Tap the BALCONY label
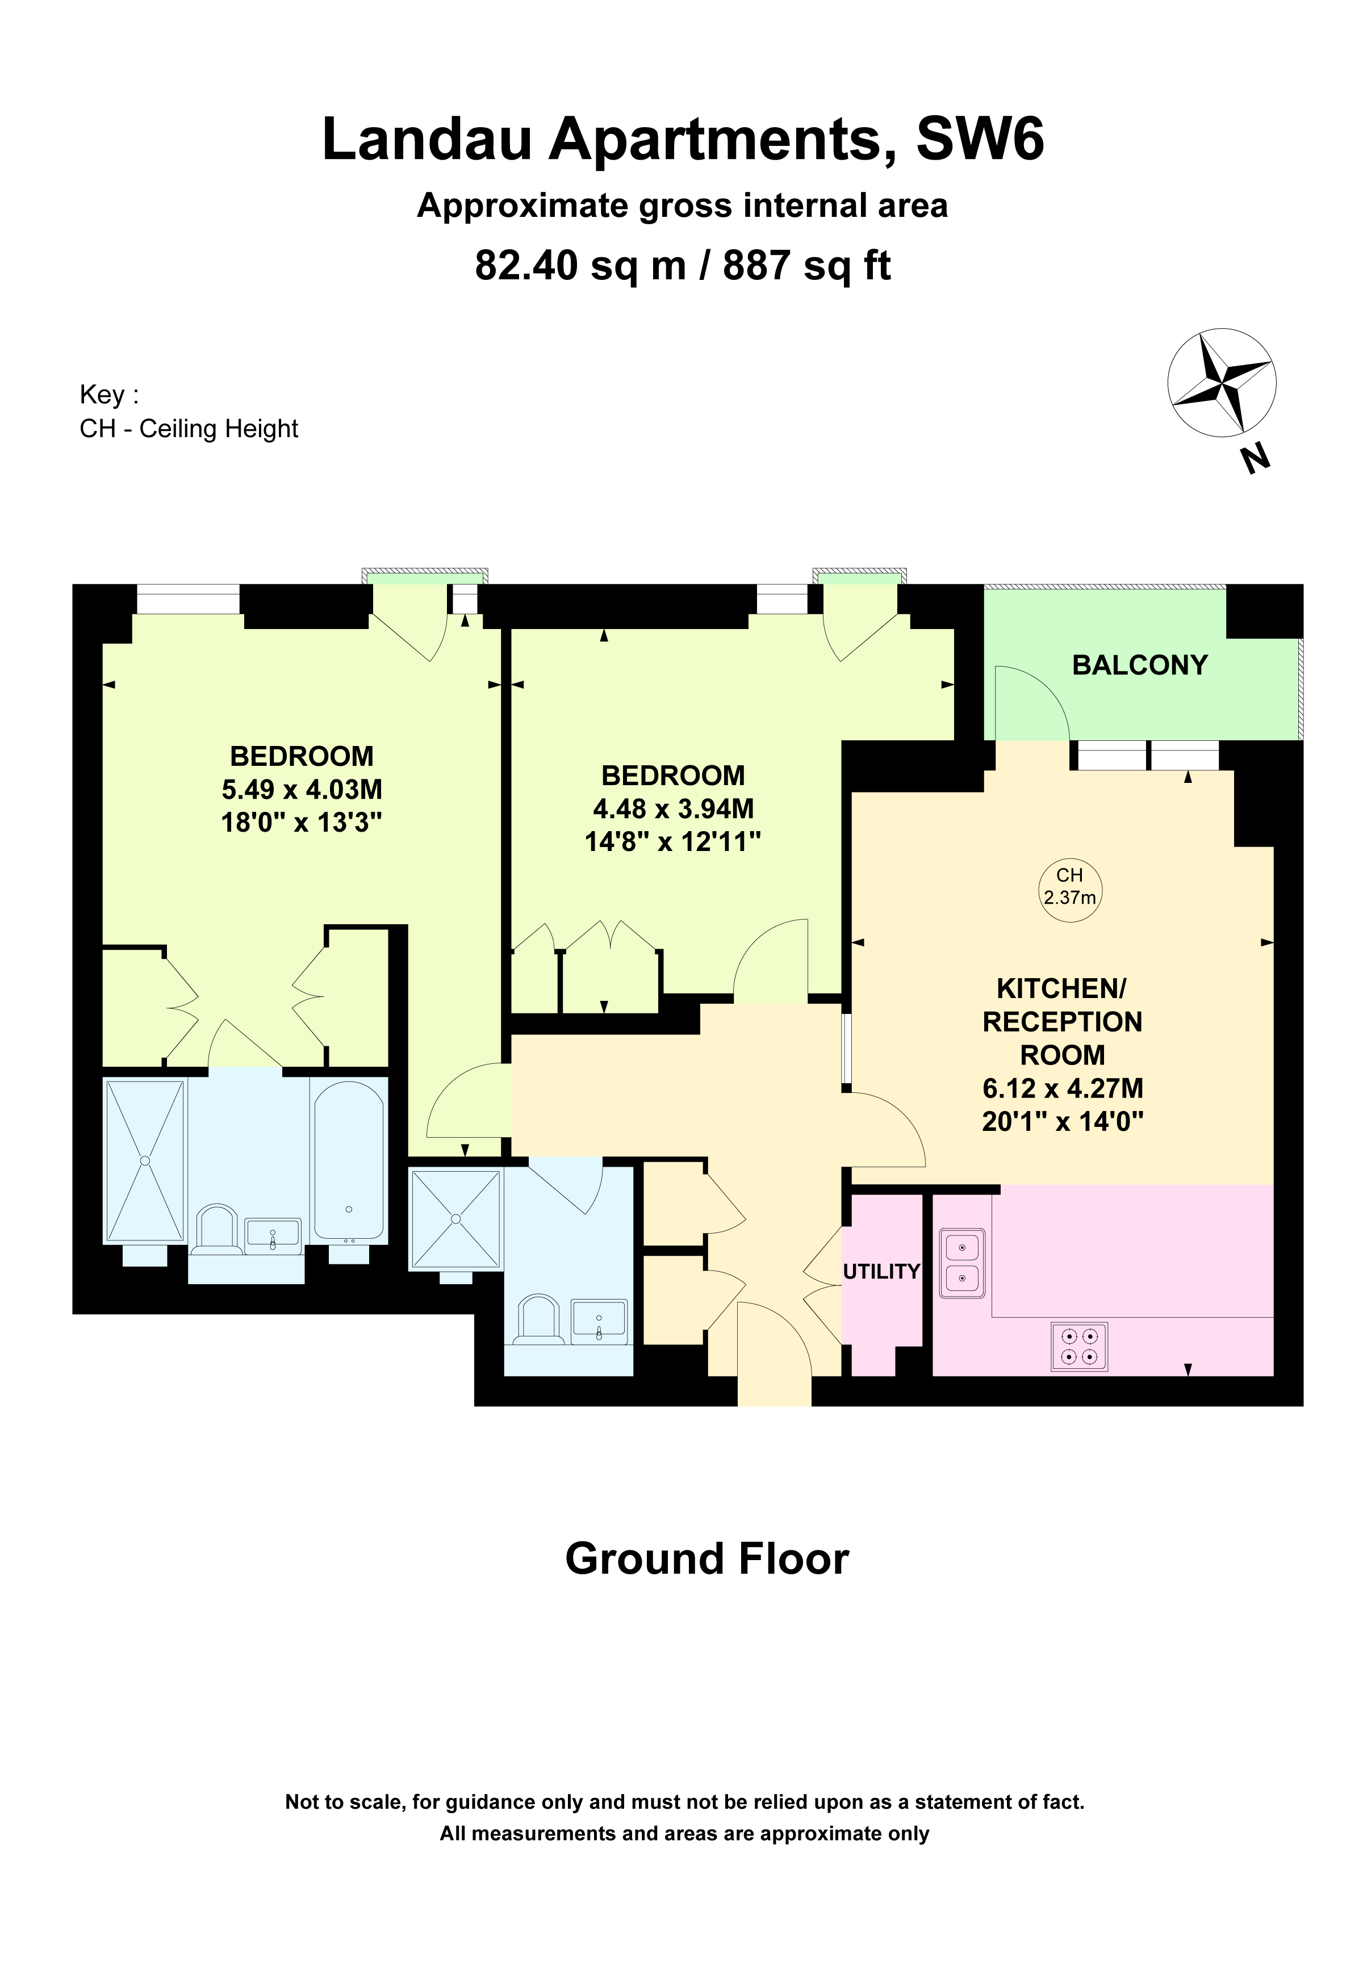(x=1139, y=665)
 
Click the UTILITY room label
(x=881, y=1271)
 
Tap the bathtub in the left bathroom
(x=349, y=1160)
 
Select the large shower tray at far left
(x=144, y=1160)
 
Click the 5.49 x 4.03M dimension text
(x=302, y=789)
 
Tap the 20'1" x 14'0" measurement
(x=1062, y=1121)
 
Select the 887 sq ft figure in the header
(x=806, y=266)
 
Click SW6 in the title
(x=980, y=139)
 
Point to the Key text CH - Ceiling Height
(x=189, y=429)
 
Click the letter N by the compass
(x=1255, y=461)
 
